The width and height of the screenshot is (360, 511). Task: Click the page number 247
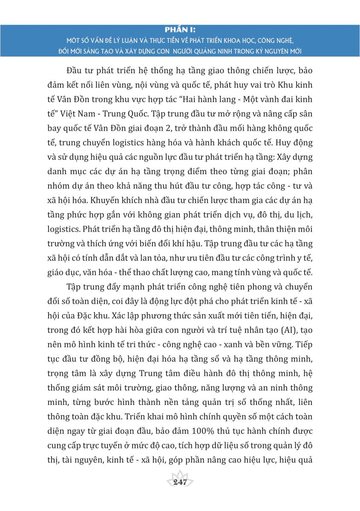click(x=180, y=482)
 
